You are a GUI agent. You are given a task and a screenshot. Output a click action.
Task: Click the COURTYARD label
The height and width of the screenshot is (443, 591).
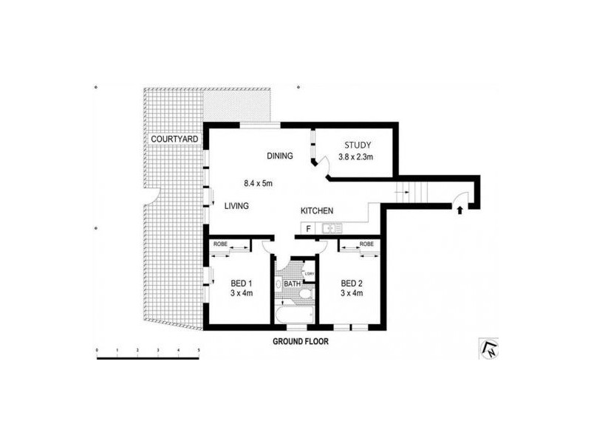coord(174,139)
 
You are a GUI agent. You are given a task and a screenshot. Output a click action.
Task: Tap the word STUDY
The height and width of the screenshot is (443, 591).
coord(358,145)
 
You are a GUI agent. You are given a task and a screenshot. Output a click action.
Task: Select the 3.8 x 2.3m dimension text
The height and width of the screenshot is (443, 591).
coord(356,157)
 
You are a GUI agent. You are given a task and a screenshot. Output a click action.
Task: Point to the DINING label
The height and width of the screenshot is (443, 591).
coord(280,156)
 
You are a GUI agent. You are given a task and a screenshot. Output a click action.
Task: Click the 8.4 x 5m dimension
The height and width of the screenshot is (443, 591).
coord(258,183)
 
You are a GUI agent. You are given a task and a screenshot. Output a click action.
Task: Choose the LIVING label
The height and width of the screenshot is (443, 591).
coord(236,206)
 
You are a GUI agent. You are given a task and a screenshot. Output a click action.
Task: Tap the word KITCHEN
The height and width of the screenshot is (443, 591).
coord(317,211)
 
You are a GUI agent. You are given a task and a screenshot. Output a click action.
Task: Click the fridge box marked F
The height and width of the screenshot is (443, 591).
coord(308,228)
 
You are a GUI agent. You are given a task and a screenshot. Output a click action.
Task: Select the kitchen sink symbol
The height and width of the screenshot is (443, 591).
coord(332,228)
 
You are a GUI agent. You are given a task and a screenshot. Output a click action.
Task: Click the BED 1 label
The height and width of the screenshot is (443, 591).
coord(242,284)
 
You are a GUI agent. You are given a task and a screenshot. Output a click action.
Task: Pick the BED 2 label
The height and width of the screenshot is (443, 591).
coord(352,284)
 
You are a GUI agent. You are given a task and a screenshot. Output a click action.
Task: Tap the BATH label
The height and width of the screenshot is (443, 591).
coord(292,284)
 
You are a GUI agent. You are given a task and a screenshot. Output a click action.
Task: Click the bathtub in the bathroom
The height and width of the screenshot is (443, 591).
coord(294,315)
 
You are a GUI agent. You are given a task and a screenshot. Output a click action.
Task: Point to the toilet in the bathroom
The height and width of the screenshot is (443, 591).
coord(306,293)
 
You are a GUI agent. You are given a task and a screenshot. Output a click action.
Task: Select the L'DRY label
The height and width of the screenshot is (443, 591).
coord(310,274)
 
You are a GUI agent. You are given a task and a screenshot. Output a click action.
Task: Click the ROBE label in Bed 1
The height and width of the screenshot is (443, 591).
coord(220,244)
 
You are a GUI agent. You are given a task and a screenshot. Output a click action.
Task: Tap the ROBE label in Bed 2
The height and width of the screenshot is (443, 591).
coord(366,244)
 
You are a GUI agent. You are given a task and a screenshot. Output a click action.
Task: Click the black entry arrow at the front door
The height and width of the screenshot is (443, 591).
coord(460,210)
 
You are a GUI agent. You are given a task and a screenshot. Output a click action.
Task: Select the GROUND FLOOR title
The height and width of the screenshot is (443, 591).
coord(301,342)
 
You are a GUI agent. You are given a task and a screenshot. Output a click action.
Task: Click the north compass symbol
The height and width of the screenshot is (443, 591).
coord(489,348)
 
